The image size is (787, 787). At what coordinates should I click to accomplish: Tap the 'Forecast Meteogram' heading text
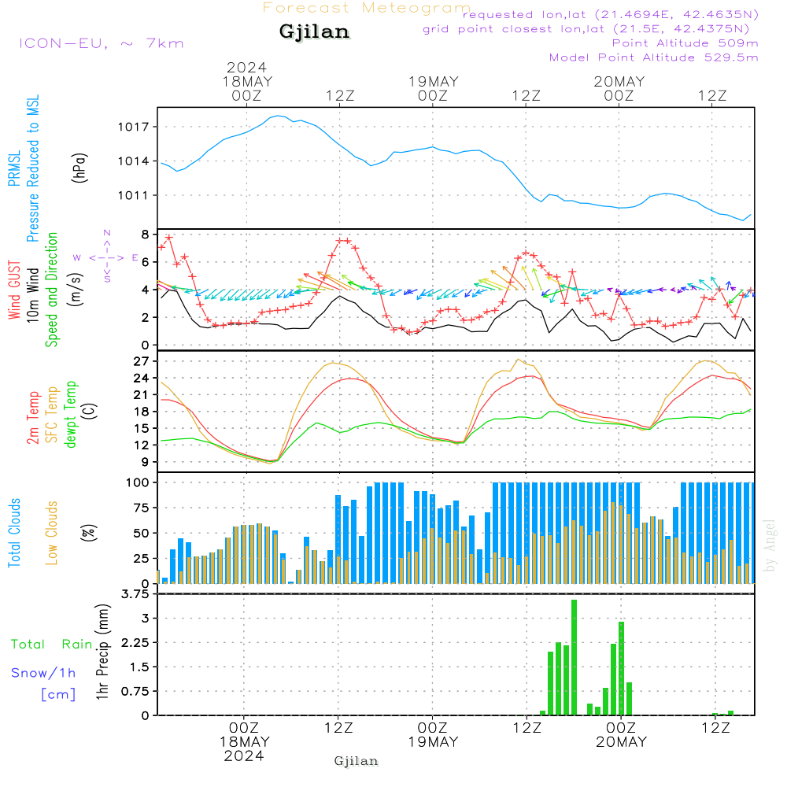click(x=367, y=8)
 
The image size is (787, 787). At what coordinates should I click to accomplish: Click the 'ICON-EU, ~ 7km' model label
click(x=101, y=43)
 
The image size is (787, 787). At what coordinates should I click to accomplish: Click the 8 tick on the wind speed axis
click(x=145, y=235)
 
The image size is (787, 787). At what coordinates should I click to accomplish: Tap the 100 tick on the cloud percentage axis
click(x=138, y=482)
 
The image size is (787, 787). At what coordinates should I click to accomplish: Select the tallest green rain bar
click(x=574, y=657)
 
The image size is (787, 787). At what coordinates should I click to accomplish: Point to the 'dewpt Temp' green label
click(x=72, y=414)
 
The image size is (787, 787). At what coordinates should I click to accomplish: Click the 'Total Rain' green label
click(x=52, y=645)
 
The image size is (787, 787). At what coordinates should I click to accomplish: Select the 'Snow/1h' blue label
click(x=44, y=673)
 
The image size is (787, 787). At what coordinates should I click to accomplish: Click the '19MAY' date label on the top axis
click(x=433, y=82)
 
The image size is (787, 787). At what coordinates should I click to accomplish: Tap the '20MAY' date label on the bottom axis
click(x=620, y=742)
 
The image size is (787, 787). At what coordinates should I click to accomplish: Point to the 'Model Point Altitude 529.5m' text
click(x=653, y=57)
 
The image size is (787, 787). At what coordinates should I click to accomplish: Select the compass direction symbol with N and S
click(x=106, y=257)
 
